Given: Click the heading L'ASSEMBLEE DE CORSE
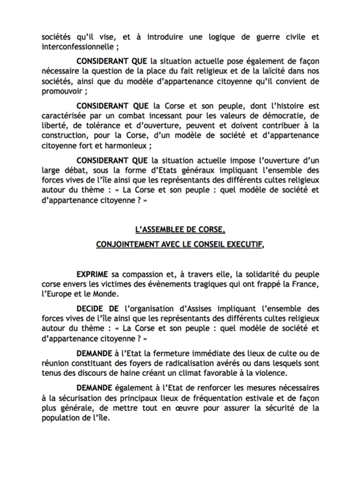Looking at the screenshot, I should click(179, 229).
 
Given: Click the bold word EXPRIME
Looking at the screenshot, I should click(92, 274).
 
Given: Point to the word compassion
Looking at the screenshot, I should click(148, 274).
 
